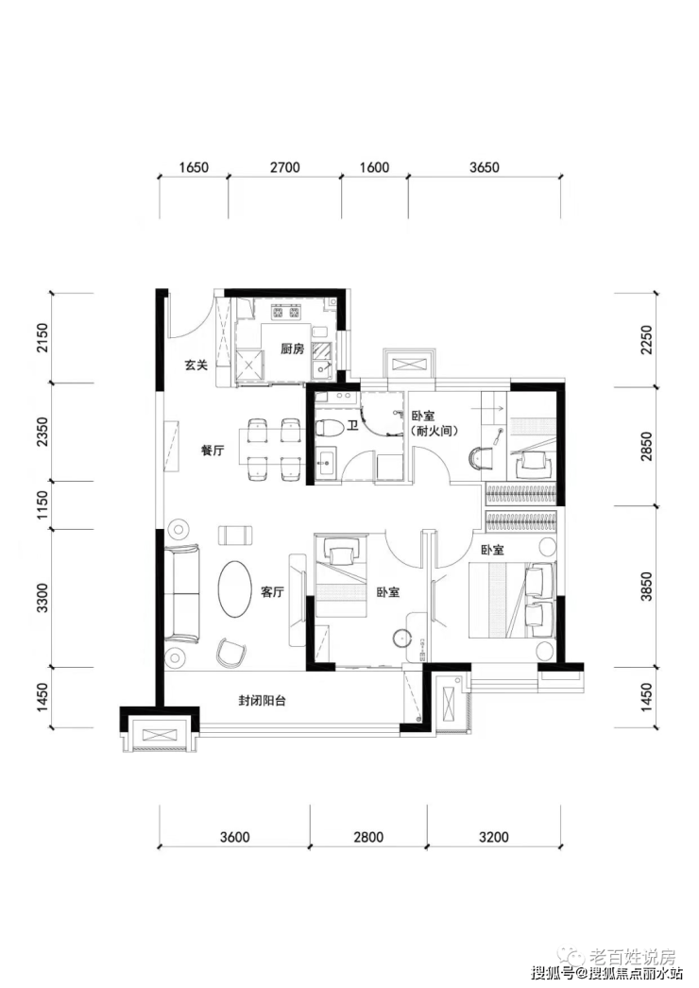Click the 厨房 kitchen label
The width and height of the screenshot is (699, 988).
(x=292, y=349)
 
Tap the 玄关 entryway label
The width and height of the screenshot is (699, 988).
(x=196, y=365)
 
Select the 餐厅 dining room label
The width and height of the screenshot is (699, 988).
(x=213, y=451)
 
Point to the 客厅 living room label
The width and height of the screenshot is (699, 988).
(x=272, y=592)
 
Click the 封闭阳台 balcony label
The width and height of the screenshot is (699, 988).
(x=263, y=700)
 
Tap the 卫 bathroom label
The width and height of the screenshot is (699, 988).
(x=352, y=426)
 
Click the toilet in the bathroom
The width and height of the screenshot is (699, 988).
(x=329, y=428)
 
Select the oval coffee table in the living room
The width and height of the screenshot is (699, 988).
(x=233, y=588)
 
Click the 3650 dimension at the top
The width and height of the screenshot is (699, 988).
(x=484, y=167)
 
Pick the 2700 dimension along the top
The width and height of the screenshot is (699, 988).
(x=285, y=167)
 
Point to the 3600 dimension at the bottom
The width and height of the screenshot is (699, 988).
(x=234, y=838)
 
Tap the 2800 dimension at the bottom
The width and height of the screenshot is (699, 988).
(x=368, y=838)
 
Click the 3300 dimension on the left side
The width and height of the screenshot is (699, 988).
(x=43, y=598)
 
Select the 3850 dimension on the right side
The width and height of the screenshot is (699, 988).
(x=647, y=586)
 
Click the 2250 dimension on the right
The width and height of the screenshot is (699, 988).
(x=647, y=340)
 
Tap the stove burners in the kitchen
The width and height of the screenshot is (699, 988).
(x=284, y=312)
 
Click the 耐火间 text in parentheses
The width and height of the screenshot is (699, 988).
(x=435, y=432)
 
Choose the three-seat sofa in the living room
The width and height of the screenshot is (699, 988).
(x=182, y=593)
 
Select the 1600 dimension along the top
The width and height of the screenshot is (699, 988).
(x=374, y=167)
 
